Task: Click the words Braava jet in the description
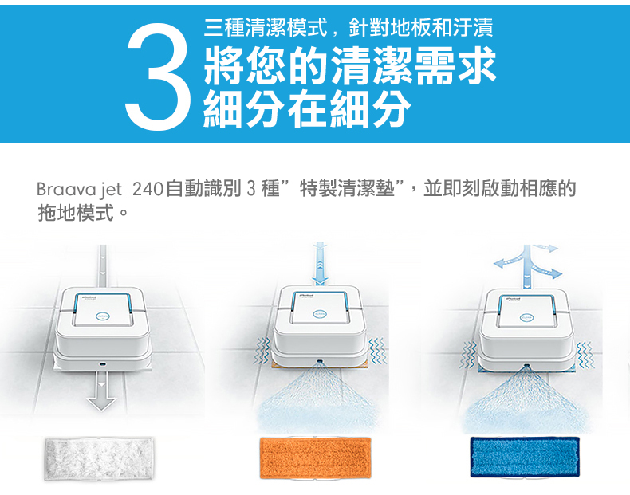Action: coord(79,189)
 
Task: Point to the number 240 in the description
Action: coord(147,189)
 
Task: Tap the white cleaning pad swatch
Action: coord(99,458)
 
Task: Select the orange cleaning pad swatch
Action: coord(315,458)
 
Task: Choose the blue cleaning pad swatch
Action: coord(525,458)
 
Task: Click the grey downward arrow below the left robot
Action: coord(100,391)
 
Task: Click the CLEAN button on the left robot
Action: coord(101,316)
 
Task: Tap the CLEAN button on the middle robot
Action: coord(321,313)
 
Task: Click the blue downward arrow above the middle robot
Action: coord(320,263)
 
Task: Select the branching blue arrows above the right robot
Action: coord(528,265)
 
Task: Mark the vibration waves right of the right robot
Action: coord(585,356)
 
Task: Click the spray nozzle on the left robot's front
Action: coord(102,363)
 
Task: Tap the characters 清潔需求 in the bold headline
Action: coord(414,65)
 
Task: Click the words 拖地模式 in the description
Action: coord(77,212)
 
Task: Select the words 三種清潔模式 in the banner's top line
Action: coord(266,28)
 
